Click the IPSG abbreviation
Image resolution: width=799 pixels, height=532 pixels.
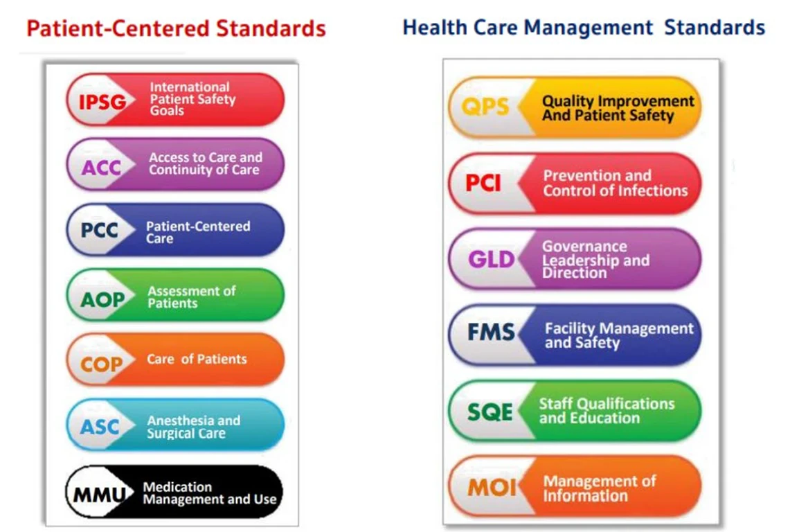[x=102, y=103]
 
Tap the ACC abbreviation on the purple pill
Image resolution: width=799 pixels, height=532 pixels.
[x=101, y=168]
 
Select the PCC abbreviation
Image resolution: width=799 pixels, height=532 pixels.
[x=100, y=231]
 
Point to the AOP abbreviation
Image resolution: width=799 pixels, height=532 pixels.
[x=102, y=300]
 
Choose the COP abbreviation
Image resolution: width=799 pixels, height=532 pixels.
[x=101, y=364]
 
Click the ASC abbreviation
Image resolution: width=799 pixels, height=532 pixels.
[x=100, y=427]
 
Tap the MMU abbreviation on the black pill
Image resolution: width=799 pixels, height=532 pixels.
[x=100, y=495]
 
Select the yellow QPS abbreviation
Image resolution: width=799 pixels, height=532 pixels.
[x=485, y=107]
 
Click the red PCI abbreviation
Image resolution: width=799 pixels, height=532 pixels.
[x=483, y=183]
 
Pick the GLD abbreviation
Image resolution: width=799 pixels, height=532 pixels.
[x=491, y=259]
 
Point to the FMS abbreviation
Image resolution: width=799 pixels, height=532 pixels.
[x=491, y=332]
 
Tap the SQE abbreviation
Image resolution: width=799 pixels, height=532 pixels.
[x=490, y=411]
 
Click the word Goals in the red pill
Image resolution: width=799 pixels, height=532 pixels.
[x=167, y=111]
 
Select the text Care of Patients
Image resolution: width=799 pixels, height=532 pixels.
[x=197, y=360]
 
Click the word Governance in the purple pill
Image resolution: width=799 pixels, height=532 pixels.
[x=584, y=247]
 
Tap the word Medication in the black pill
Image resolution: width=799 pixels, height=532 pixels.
[x=177, y=487]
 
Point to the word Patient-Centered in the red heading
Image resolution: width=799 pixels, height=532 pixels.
[x=118, y=28]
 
